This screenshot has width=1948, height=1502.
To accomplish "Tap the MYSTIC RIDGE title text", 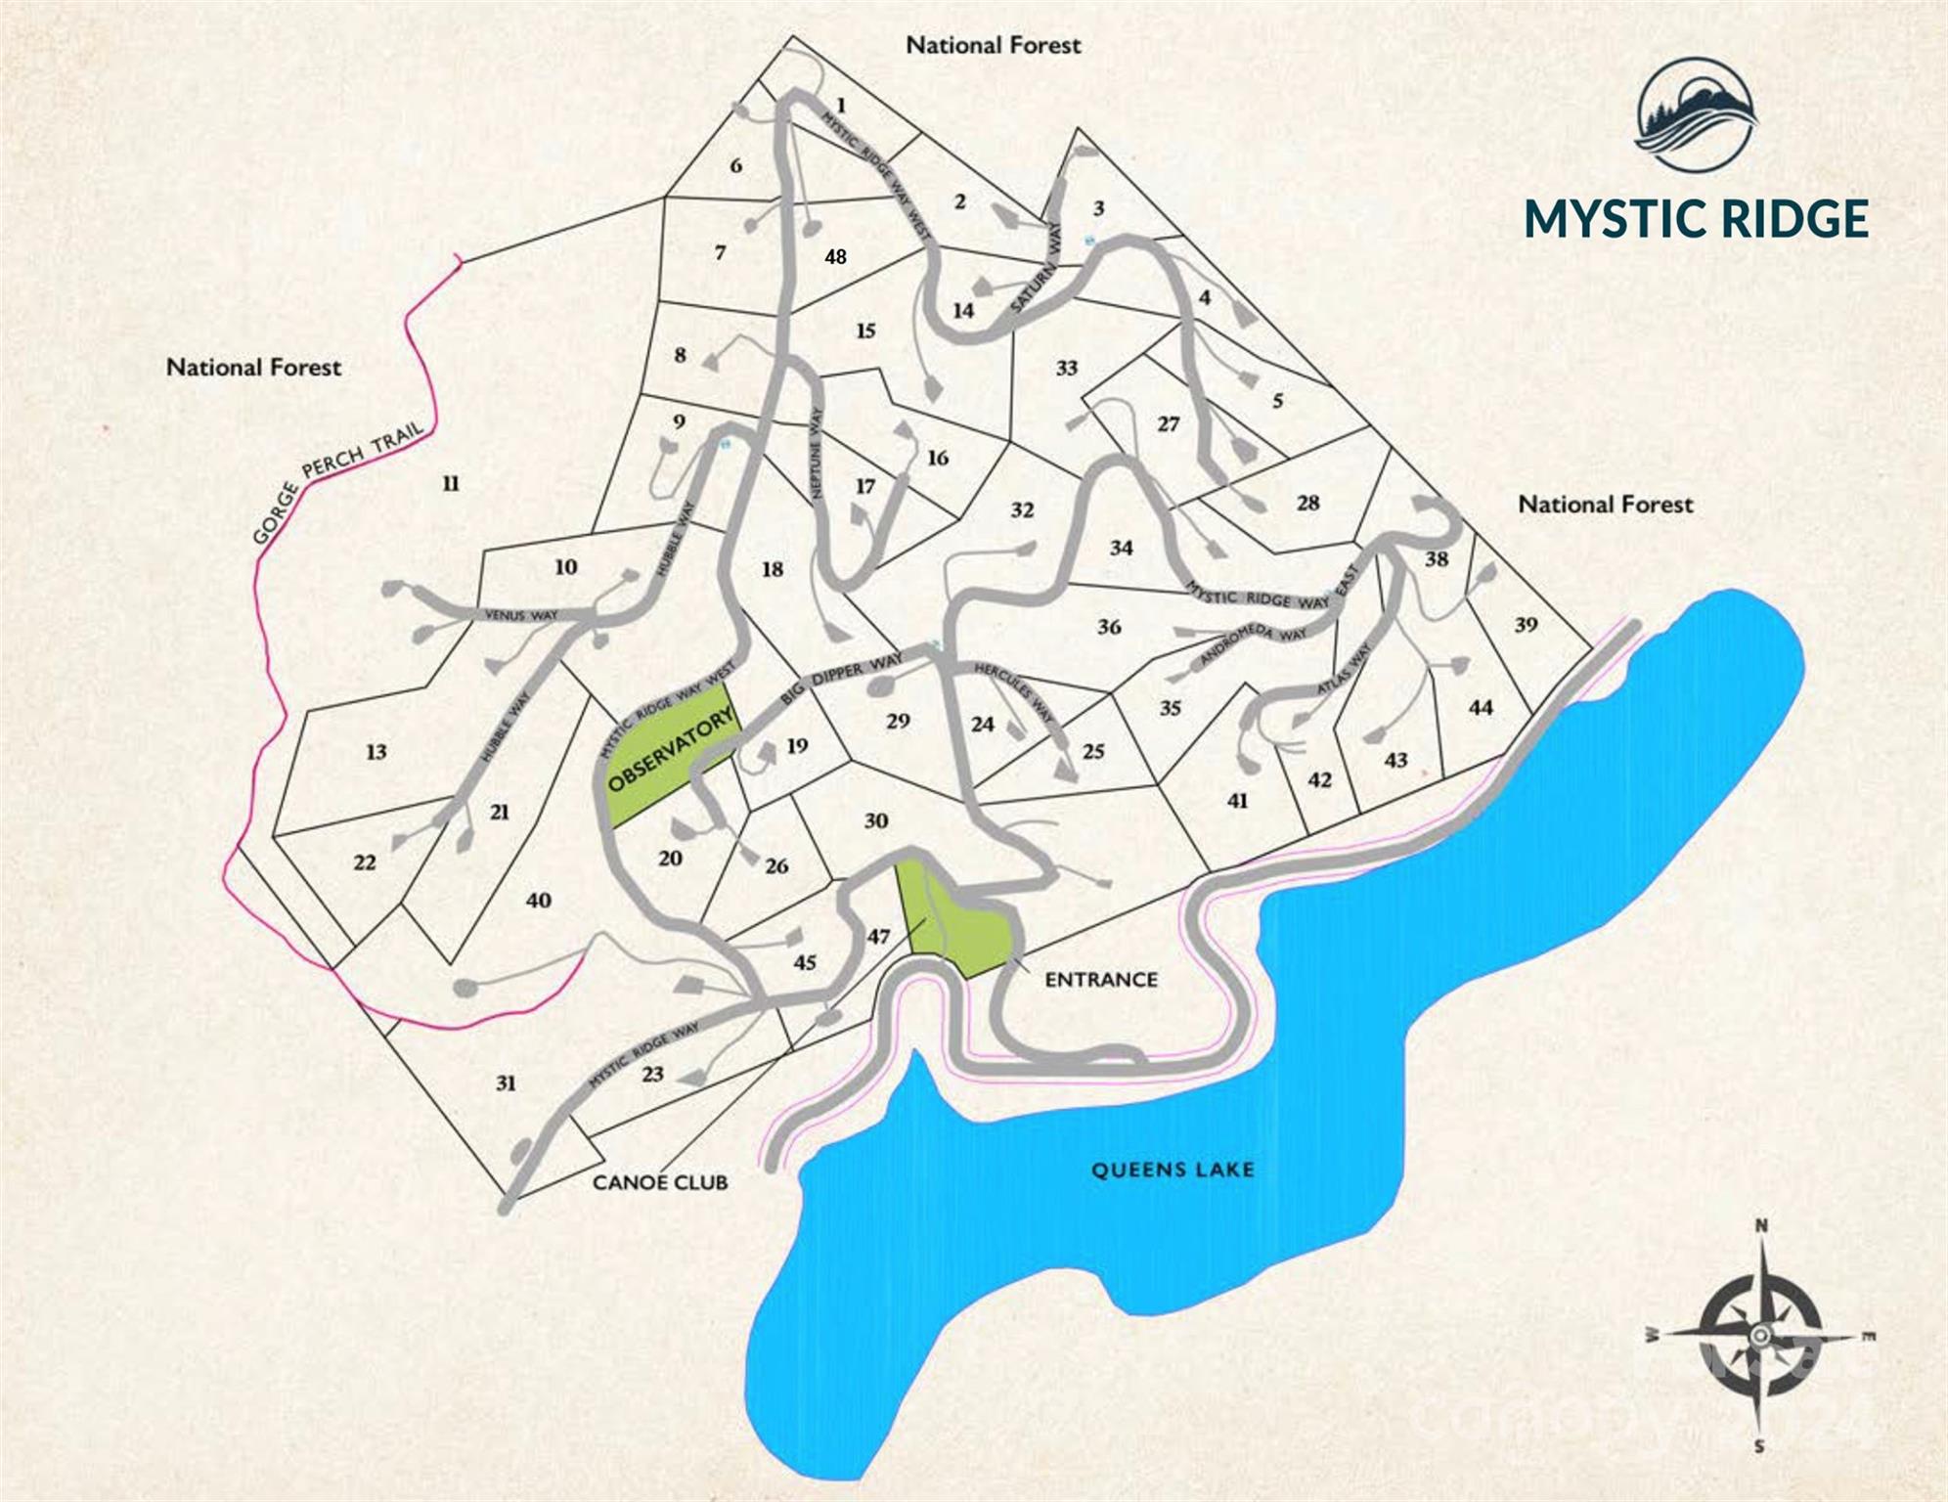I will coord(1697,218).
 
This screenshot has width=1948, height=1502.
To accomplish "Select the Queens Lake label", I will coord(1173,1170).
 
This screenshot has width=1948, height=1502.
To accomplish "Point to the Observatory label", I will coord(670,750).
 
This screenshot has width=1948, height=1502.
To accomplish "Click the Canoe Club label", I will coord(660,1182).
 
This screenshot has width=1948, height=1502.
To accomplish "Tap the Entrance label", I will coord(1101,979).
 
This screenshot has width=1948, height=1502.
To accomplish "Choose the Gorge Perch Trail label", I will coord(337,482).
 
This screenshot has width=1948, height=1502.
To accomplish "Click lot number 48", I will coord(835,257).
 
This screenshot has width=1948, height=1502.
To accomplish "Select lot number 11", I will coord(450,483).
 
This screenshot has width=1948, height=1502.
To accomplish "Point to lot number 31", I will coord(506,1082).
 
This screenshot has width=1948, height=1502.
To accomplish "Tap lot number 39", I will coord(1526,624).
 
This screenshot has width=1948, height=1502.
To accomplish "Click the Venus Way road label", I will coord(521,615).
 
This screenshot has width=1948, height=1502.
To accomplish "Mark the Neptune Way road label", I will coord(818,453).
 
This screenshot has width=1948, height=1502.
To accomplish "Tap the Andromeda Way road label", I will coord(1252,646).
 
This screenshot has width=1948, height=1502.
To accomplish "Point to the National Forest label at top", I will coord(994,45).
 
